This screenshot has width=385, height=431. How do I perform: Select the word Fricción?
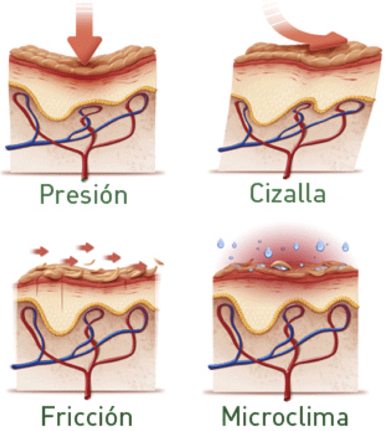tap(87, 416)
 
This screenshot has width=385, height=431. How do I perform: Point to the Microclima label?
tap(285, 416)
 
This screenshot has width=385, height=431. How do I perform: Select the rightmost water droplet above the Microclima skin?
tap(345, 246)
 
